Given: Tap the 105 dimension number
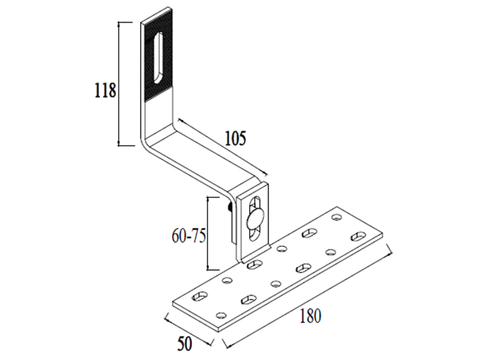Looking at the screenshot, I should (x=235, y=138).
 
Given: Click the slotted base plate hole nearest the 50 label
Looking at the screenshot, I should (x=198, y=296).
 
